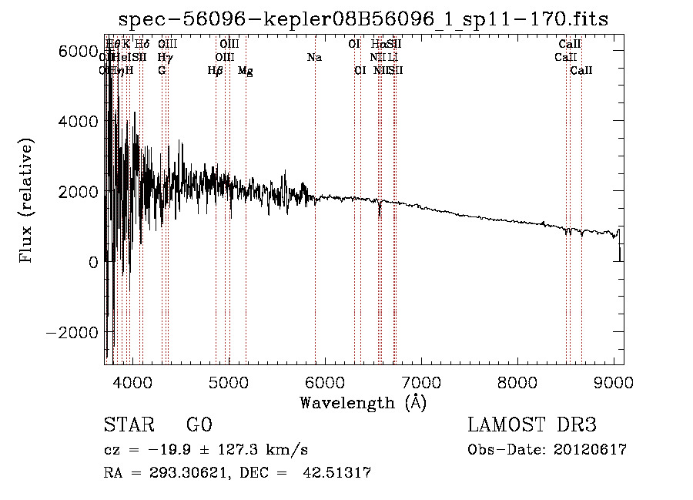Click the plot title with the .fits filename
363,19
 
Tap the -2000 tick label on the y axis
72,332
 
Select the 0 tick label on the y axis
92,262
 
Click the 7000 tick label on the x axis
421,382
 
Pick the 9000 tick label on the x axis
614,382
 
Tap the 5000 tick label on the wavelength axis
228,382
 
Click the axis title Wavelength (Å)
363,401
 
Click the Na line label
314,57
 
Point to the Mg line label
246,71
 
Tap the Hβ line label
216,71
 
